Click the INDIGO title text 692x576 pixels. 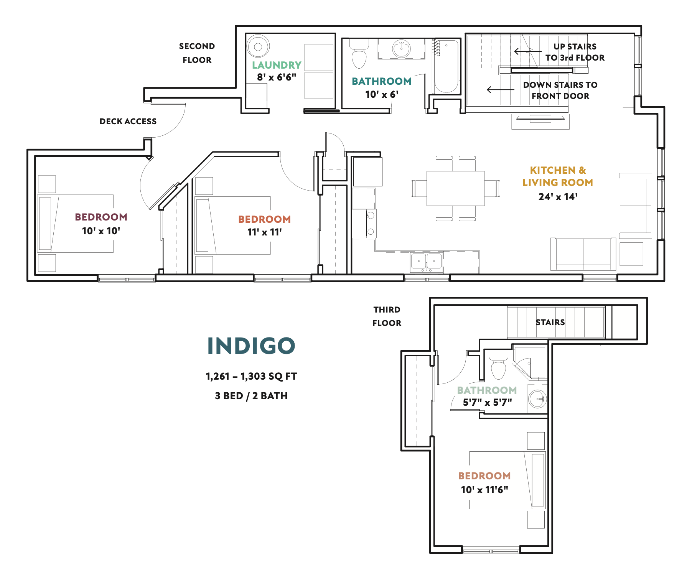pos(251,346)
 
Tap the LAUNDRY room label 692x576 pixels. pos(277,65)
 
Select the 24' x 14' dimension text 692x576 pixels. pos(558,197)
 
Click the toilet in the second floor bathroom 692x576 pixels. pos(359,57)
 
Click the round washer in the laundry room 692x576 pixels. pos(258,47)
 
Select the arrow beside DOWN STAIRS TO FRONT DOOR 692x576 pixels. pos(500,90)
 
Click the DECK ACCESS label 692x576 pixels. pos(128,121)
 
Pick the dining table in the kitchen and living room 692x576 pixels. pos(455,188)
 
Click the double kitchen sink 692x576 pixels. pos(427,262)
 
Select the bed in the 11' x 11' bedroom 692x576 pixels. pos(233,225)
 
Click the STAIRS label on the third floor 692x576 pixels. pos(550,322)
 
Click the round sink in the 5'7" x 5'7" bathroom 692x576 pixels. pos(537,399)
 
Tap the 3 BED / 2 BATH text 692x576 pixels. pos(251,396)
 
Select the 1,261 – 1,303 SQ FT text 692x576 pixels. pos(251,376)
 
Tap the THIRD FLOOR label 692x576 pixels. pos(387,316)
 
